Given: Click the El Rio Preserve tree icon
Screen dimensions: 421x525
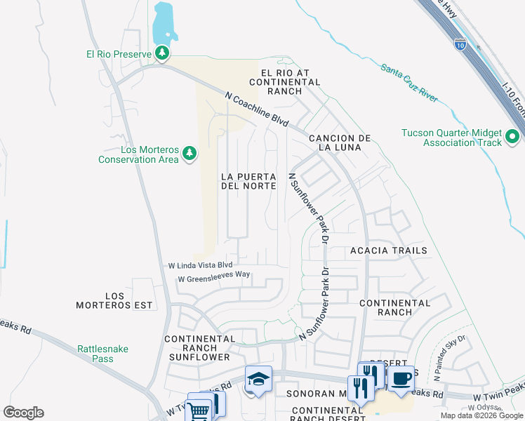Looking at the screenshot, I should [163, 53].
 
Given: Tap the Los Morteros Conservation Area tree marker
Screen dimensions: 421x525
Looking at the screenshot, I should [189, 152].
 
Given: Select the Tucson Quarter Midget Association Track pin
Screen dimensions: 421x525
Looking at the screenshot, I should [512, 135].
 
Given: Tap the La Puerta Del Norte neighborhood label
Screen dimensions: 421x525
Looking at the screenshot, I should [248, 180].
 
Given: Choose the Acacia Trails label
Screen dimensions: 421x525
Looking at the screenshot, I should [388, 250].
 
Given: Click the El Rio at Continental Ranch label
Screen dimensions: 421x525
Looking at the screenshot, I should [290, 77].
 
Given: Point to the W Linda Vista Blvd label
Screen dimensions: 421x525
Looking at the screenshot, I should [200, 265].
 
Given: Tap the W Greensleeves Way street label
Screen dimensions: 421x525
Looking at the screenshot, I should [214, 279].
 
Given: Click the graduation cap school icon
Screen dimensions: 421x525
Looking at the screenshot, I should [258, 379].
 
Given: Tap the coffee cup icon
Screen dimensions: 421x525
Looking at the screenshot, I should [401, 378].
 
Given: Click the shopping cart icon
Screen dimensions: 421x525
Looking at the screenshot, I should [199, 410].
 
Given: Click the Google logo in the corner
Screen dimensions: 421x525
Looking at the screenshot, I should [23, 412].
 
